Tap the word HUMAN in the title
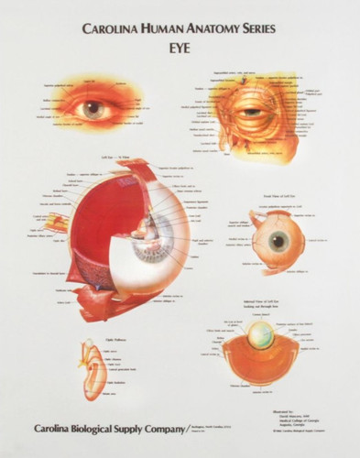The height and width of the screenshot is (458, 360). (169, 28)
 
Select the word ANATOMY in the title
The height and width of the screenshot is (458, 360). (217, 28)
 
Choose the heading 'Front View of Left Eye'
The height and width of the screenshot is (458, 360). (278, 194)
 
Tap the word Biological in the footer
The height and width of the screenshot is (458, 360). (101, 428)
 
